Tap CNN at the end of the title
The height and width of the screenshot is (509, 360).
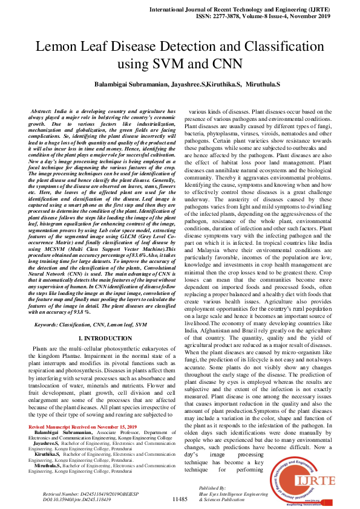click(226, 63)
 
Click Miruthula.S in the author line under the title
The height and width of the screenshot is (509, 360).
click(259, 86)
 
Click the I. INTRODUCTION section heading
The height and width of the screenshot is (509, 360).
click(103, 340)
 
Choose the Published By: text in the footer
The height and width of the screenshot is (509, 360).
click(212, 488)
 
